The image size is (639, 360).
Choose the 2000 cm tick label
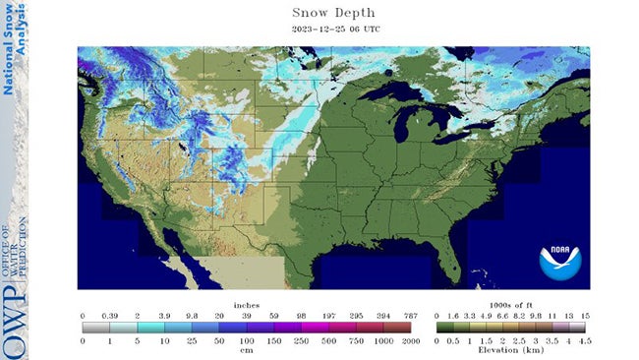pos(411,340)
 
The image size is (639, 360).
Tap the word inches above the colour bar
pos(247,305)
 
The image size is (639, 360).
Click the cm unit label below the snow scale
pos(247,349)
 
